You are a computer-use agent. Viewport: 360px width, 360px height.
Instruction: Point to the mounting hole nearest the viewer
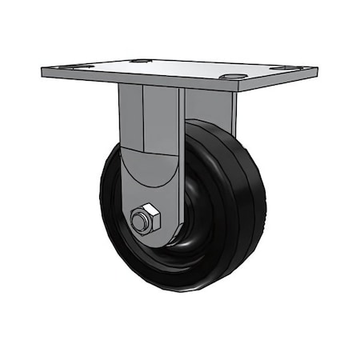pyautogui.click(x=233, y=77)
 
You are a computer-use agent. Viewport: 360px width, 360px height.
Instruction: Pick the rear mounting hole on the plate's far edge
pyautogui.click(x=140, y=60)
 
